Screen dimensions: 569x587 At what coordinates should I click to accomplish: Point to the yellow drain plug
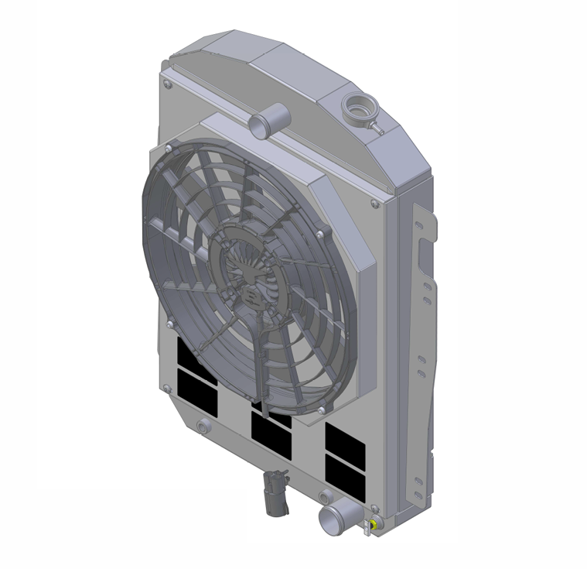pyautogui.click(x=373, y=527)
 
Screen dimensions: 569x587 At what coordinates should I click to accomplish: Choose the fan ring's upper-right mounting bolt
pyautogui.click(x=319, y=230)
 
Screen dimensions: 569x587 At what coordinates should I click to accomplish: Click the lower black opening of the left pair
pyautogui.click(x=196, y=384)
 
